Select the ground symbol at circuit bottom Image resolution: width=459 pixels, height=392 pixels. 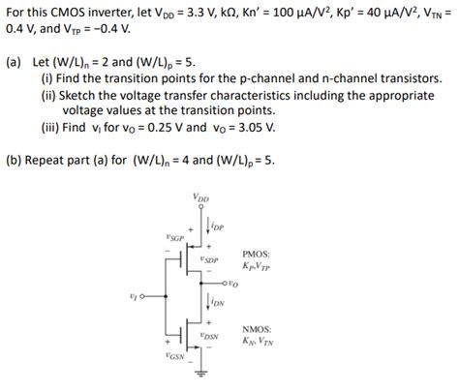(199, 373)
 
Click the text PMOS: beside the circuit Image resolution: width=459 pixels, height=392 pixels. (255, 254)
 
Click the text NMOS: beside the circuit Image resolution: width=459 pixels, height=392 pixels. (256, 327)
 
